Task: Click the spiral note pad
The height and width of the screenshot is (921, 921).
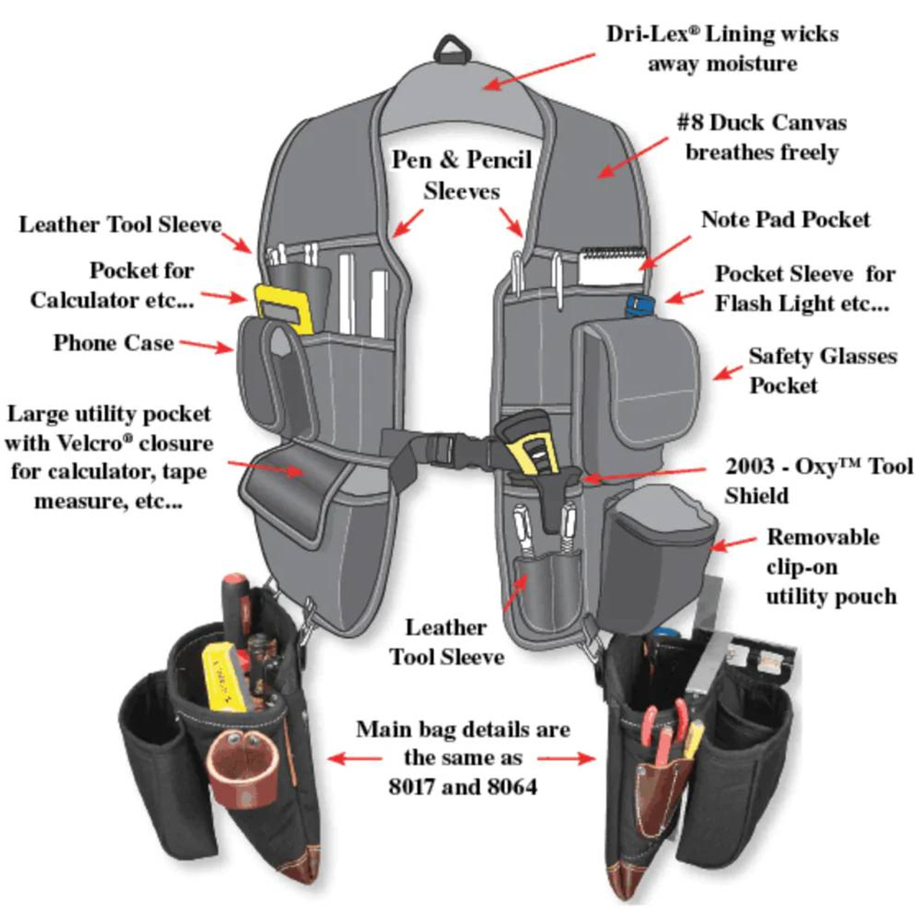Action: tap(612, 265)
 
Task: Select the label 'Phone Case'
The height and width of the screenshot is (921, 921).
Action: tap(113, 342)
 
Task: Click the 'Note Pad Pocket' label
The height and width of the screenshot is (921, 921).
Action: tap(785, 219)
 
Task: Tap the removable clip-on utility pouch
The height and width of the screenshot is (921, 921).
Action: tap(658, 547)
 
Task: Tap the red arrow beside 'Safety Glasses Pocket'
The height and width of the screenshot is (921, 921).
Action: tap(727, 373)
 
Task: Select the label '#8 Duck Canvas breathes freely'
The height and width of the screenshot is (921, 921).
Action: tap(761, 137)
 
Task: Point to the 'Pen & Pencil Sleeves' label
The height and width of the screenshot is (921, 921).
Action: tap(461, 175)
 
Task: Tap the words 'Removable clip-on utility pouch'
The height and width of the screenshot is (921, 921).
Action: tap(830, 566)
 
